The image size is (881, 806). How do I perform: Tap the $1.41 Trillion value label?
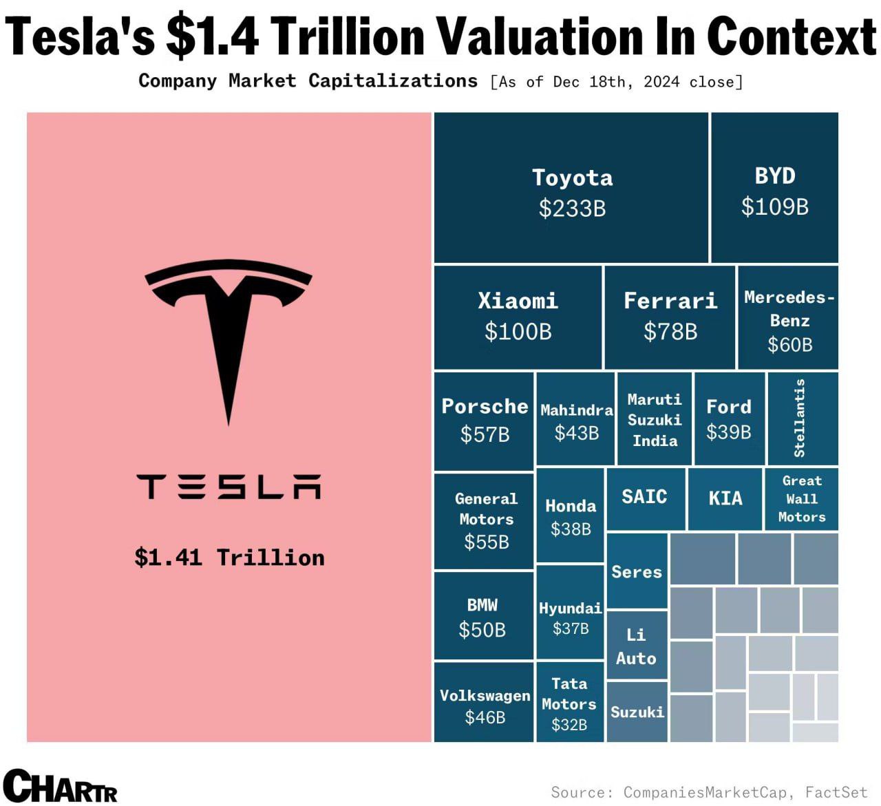(229, 557)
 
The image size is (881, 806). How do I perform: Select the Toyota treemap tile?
(571, 188)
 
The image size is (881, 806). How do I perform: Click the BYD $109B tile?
(774, 188)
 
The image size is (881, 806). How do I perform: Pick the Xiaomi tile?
(518, 317)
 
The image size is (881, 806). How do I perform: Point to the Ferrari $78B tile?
(670, 317)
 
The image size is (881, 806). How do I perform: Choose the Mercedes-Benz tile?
(789, 319)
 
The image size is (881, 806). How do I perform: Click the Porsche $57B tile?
(485, 420)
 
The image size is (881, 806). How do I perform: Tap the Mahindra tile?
(576, 420)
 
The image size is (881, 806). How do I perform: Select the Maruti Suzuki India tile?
(655, 420)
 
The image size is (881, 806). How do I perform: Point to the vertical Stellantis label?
(800, 418)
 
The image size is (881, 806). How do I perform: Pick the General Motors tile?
(485, 521)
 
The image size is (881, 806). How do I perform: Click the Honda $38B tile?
(570, 516)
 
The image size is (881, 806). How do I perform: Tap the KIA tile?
(725, 498)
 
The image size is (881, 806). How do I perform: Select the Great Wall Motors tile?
(801, 499)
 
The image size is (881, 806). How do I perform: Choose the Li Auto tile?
(636, 646)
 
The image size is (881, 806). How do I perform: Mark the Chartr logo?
(61, 785)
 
